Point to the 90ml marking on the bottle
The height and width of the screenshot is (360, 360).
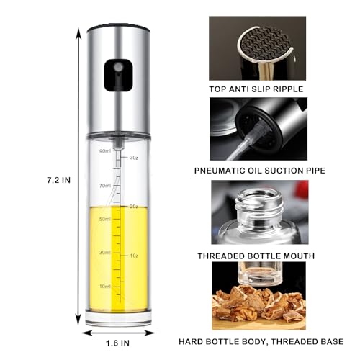(x=104, y=150)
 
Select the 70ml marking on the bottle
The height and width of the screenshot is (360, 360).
(x=104, y=185)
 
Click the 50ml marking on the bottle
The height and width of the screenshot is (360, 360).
(x=104, y=218)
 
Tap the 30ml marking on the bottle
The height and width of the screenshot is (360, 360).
(x=104, y=252)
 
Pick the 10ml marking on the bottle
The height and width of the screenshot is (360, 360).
(x=104, y=286)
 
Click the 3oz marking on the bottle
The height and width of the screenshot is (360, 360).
(x=133, y=156)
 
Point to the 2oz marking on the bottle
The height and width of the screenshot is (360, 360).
(x=133, y=206)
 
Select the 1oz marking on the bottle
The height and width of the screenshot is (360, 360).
(x=133, y=256)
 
